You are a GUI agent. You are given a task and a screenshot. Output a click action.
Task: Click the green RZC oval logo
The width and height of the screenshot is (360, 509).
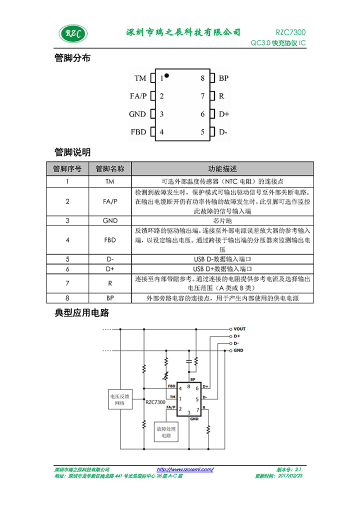point(73,33)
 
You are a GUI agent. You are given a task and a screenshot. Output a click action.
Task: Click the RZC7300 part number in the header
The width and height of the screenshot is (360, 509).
point(290,32)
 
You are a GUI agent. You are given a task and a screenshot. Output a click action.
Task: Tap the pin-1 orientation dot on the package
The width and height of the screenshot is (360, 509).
point(166,75)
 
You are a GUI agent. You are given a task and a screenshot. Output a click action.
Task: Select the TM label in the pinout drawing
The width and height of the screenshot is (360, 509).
point(140,78)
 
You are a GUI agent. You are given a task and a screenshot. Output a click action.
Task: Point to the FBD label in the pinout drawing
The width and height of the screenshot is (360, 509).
point(138,132)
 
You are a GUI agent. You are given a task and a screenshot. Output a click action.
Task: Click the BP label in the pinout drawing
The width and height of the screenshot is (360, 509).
point(223,78)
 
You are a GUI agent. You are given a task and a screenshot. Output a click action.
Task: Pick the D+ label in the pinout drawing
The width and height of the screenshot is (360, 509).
point(224,114)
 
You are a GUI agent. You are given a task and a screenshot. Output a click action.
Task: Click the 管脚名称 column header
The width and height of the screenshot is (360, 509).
point(110,169)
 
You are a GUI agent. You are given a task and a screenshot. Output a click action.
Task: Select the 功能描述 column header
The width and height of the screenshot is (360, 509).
point(222,169)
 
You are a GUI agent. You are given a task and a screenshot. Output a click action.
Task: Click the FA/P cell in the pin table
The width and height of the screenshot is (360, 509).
point(110,201)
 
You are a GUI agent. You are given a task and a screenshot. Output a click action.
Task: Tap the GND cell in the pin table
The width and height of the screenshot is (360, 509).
point(110,220)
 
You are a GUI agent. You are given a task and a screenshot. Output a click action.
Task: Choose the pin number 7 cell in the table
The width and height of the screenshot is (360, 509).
point(67,283)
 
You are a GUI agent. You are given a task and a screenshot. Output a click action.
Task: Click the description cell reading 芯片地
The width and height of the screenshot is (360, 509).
point(222,220)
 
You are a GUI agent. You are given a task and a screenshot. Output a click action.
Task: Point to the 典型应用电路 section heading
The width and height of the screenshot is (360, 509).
point(82,313)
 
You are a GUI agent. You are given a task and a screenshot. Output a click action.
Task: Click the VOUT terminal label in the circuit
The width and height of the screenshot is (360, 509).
point(239,329)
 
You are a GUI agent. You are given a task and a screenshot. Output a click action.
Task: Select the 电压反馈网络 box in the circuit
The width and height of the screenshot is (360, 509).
point(120,399)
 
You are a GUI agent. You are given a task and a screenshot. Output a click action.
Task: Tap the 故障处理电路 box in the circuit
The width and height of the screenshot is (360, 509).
point(166,432)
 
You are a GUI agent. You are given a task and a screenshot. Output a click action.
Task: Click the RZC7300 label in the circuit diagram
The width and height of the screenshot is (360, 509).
point(155,402)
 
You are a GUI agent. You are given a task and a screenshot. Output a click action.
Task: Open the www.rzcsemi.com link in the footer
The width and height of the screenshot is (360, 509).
point(185,469)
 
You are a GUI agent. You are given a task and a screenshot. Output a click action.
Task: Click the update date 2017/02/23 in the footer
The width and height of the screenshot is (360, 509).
point(290,476)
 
